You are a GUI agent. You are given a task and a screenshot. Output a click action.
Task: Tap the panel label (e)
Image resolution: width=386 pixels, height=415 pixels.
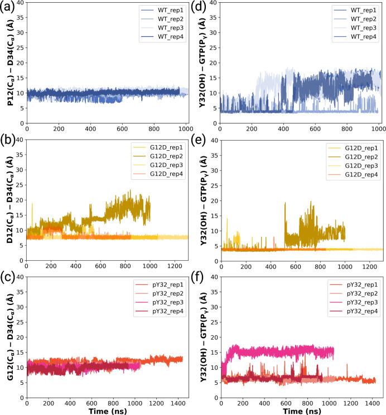(x=204, y=146)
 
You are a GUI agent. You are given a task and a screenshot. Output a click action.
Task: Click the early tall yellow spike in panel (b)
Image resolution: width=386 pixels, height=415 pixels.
(x=32, y=207)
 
